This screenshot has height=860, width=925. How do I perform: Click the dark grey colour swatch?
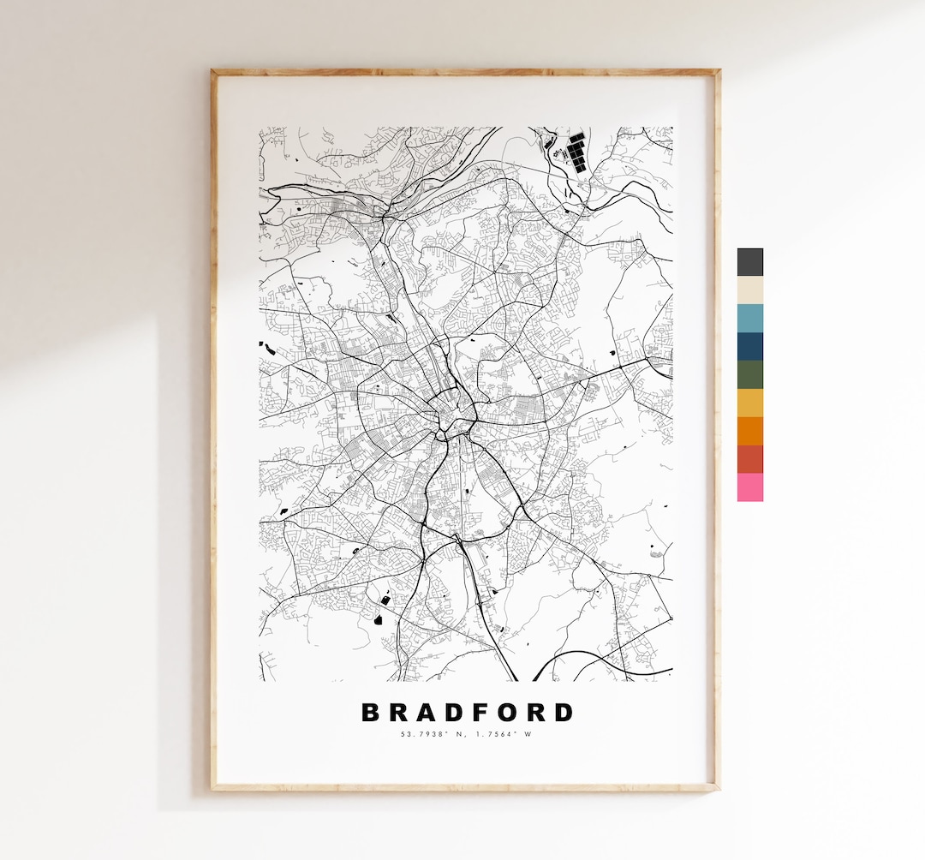749,262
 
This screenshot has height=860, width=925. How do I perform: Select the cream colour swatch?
749,290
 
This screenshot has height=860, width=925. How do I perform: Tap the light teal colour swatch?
749,319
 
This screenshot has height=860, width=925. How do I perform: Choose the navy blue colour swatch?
749,347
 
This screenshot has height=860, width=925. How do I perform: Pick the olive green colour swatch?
749,375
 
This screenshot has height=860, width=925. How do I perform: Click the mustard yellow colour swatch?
749,403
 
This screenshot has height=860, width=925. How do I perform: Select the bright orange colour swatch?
749,431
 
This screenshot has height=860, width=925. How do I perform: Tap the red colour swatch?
749,459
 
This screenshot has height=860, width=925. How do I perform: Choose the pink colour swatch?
749,487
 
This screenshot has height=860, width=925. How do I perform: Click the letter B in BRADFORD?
371,713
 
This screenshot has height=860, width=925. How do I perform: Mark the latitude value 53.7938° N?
432,734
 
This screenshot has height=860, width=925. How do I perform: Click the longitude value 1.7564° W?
503,734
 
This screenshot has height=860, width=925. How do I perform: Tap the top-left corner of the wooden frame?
213,73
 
